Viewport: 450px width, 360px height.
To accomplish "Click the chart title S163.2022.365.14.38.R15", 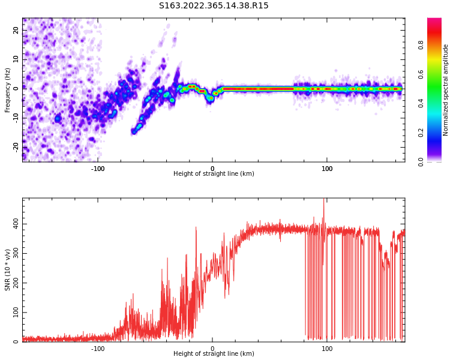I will (214, 6).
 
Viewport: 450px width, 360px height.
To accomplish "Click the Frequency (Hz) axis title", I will (8, 90).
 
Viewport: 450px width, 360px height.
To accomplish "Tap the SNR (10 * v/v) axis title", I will (8, 270).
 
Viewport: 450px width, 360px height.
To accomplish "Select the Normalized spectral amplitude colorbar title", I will (446, 90).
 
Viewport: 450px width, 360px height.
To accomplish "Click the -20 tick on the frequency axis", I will (16, 146).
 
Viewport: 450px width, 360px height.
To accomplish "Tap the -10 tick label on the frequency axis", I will (16, 118).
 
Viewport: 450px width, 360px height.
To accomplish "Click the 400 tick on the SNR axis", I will (14, 224).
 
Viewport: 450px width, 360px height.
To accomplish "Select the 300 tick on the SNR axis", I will (14, 253).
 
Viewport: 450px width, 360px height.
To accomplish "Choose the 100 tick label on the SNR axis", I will (14, 313).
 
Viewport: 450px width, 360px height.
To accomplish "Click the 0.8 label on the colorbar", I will (421, 45).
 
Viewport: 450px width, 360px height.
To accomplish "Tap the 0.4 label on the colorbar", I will (421, 103).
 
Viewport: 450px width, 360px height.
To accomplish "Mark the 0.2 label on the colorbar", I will (421, 133).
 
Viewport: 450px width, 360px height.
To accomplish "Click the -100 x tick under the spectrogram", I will (98, 169).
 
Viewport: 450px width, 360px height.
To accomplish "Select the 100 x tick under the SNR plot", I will (327, 349).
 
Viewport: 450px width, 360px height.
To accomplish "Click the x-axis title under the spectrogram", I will (214, 174).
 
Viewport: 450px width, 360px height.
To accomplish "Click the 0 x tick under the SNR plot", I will (212, 349).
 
